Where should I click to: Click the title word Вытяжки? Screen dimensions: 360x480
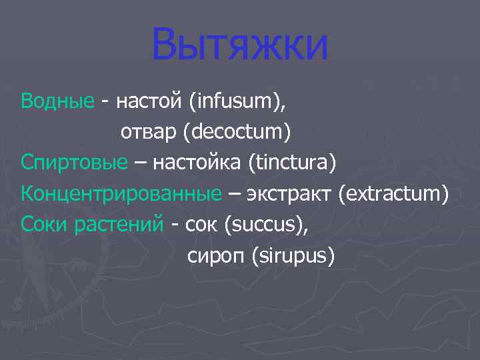[x=240, y=45]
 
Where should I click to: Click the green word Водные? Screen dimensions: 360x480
[x=57, y=102]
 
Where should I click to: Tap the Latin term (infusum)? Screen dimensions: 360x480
[x=236, y=102]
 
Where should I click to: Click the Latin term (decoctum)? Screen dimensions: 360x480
[x=241, y=133]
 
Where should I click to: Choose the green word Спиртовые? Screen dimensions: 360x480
[x=73, y=163]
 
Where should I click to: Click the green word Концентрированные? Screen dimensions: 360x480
[x=121, y=193]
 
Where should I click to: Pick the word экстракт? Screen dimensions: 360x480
[x=289, y=194]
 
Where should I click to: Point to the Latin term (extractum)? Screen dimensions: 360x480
[x=393, y=193]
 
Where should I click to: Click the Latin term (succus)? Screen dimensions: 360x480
[x=267, y=225]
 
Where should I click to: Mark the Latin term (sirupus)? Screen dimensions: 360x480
[x=293, y=255]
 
